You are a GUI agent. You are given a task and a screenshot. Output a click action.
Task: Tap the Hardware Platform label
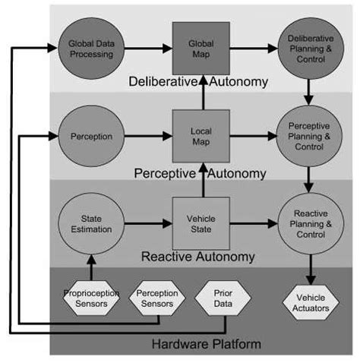[x=207, y=344]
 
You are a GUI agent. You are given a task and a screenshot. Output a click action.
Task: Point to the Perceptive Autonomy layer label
[x=200, y=174]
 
